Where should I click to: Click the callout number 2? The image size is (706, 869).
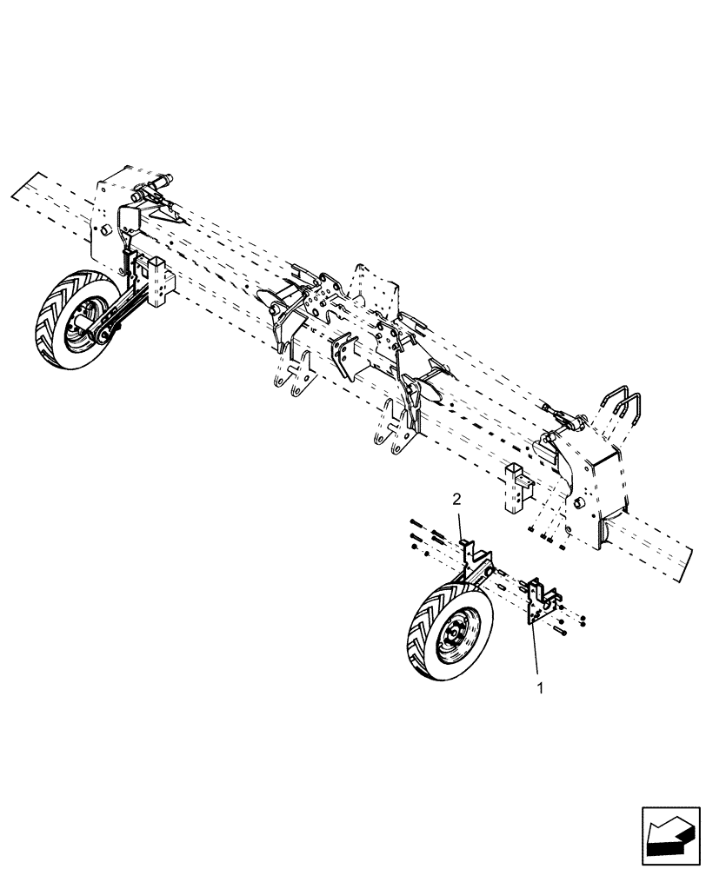click(x=456, y=498)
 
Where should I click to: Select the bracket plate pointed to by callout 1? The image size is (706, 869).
click(x=543, y=600)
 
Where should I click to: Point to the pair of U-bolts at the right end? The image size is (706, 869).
click(x=625, y=413)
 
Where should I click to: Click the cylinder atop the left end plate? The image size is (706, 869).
click(x=155, y=183)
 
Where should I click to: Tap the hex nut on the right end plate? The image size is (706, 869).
click(x=580, y=504)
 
